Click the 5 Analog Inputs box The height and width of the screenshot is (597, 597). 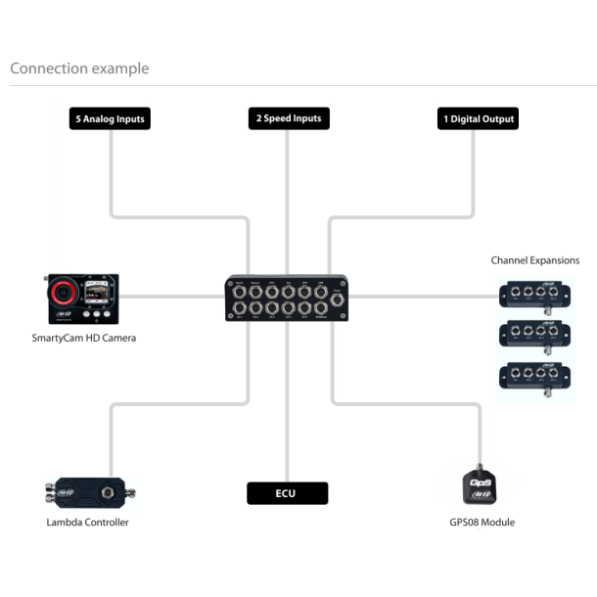point(111,119)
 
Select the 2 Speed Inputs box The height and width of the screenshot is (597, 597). point(288,119)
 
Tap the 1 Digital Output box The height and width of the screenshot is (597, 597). point(477,119)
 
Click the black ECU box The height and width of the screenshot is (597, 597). point(287,493)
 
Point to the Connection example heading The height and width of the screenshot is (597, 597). point(79,69)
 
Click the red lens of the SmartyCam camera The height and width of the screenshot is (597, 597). point(64,292)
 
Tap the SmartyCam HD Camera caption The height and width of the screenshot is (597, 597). point(84,339)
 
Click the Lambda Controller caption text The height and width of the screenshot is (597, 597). point(87,523)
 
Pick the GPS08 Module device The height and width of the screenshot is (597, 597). point(482,485)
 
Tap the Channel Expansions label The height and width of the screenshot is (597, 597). point(534,260)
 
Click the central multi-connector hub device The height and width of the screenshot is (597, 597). point(286,298)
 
